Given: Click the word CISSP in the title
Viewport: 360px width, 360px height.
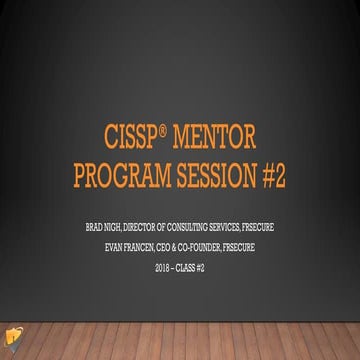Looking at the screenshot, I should (133, 138).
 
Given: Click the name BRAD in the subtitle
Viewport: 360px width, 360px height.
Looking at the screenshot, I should (96, 227).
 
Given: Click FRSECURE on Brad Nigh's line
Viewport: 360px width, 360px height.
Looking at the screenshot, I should (272, 227).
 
